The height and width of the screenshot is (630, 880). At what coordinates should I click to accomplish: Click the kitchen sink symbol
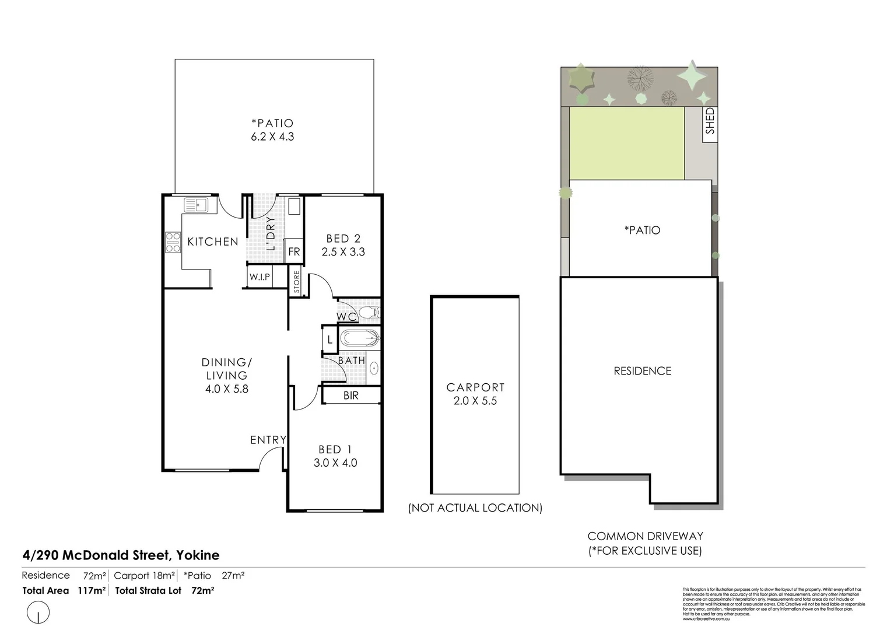tap(196, 205)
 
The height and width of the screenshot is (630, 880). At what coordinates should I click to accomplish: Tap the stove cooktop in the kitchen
tap(173, 243)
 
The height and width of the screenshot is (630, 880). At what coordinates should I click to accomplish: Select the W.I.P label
tap(260, 277)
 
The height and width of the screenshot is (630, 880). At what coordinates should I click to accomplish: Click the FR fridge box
tap(294, 251)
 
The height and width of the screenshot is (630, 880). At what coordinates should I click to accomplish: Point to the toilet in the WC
tap(369, 313)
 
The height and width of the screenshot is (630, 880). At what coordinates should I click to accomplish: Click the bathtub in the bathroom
tap(359, 338)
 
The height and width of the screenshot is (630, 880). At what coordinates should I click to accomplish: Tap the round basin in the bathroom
tap(373, 368)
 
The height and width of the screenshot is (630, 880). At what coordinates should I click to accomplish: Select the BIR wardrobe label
tap(351, 395)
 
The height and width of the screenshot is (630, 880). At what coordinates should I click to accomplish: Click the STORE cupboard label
tap(296, 282)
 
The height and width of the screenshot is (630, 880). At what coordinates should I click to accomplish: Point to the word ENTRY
tap(268, 440)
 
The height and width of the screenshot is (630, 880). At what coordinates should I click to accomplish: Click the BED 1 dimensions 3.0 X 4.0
tap(335, 463)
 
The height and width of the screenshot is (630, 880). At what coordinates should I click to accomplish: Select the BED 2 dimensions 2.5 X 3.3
tap(343, 252)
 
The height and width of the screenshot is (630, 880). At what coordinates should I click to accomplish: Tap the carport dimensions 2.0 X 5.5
tap(475, 401)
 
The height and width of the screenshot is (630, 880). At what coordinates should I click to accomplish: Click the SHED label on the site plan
tap(710, 121)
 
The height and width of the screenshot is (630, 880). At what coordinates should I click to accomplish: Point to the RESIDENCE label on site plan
tap(642, 371)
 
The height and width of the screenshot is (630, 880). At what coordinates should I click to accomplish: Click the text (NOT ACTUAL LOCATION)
tap(475, 508)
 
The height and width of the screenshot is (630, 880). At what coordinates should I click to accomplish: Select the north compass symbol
tap(38, 613)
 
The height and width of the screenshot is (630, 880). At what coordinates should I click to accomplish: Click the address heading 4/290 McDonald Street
tap(121, 555)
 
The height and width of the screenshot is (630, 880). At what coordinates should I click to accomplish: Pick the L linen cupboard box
tap(329, 339)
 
